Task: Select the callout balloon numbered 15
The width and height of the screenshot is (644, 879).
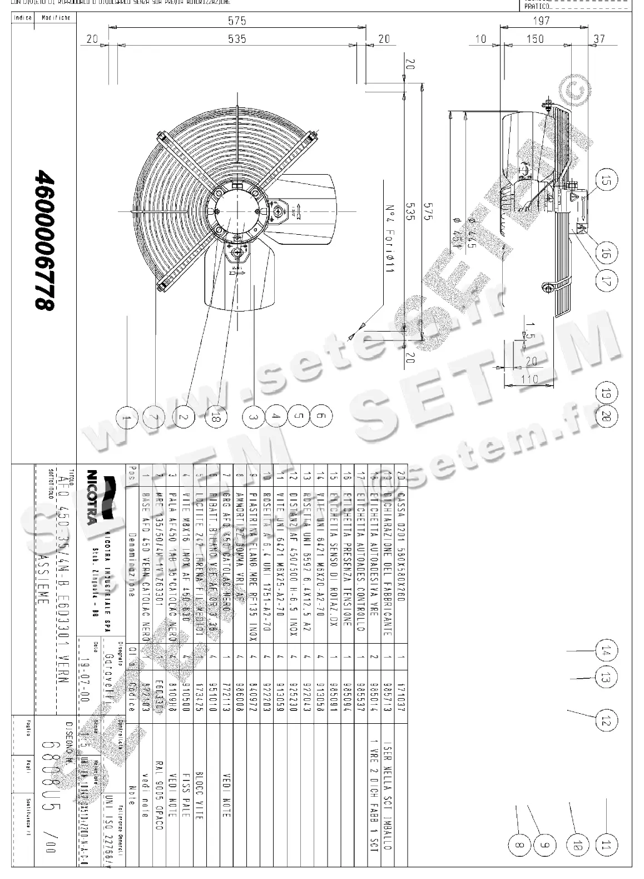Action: pyautogui.click(x=606, y=180)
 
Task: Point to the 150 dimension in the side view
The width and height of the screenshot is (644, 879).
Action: pyautogui.click(x=534, y=39)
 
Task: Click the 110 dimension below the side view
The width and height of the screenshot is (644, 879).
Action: pyautogui.click(x=531, y=379)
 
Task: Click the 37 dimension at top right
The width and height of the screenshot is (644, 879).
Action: pyautogui.click(x=599, y=39)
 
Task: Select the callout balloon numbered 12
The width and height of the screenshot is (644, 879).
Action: pyautogui.click(x=606, y=720)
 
